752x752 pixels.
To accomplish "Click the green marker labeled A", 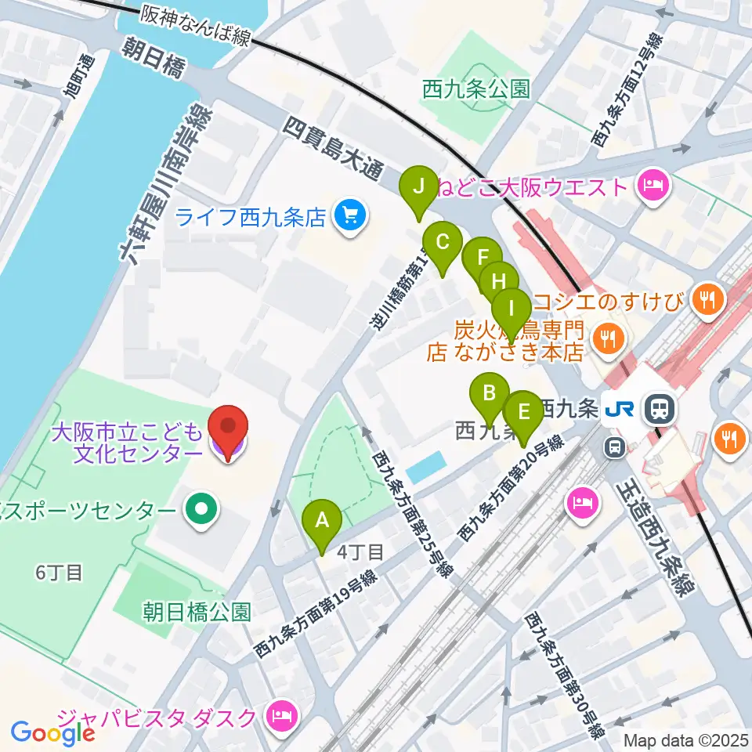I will (322, 520).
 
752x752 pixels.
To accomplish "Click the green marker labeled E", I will (524, 410).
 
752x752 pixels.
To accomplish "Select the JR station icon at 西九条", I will (660, 408).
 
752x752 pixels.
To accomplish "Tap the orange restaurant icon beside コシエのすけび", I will (710, 298).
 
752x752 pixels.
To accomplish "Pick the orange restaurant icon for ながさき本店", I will (607, 339).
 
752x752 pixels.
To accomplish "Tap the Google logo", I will (52, 732).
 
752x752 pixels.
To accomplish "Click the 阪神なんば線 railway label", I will (196, 26).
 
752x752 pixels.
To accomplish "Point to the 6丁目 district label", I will (59, 573).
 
